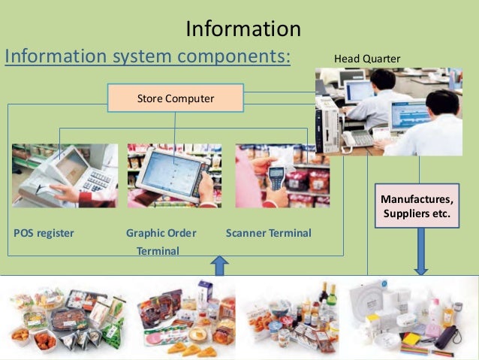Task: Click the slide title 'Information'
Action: point(243,29)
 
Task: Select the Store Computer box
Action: point(176,98)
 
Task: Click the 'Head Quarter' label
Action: point(367,59)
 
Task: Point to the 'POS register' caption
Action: point(44,233)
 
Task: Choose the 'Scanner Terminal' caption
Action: point(268,233)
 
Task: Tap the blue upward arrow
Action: point(219,265)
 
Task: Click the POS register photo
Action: point(65,176)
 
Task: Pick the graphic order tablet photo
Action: point(174,176)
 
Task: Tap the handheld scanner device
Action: point(277,178)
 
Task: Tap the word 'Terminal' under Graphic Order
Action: point(158,251)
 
